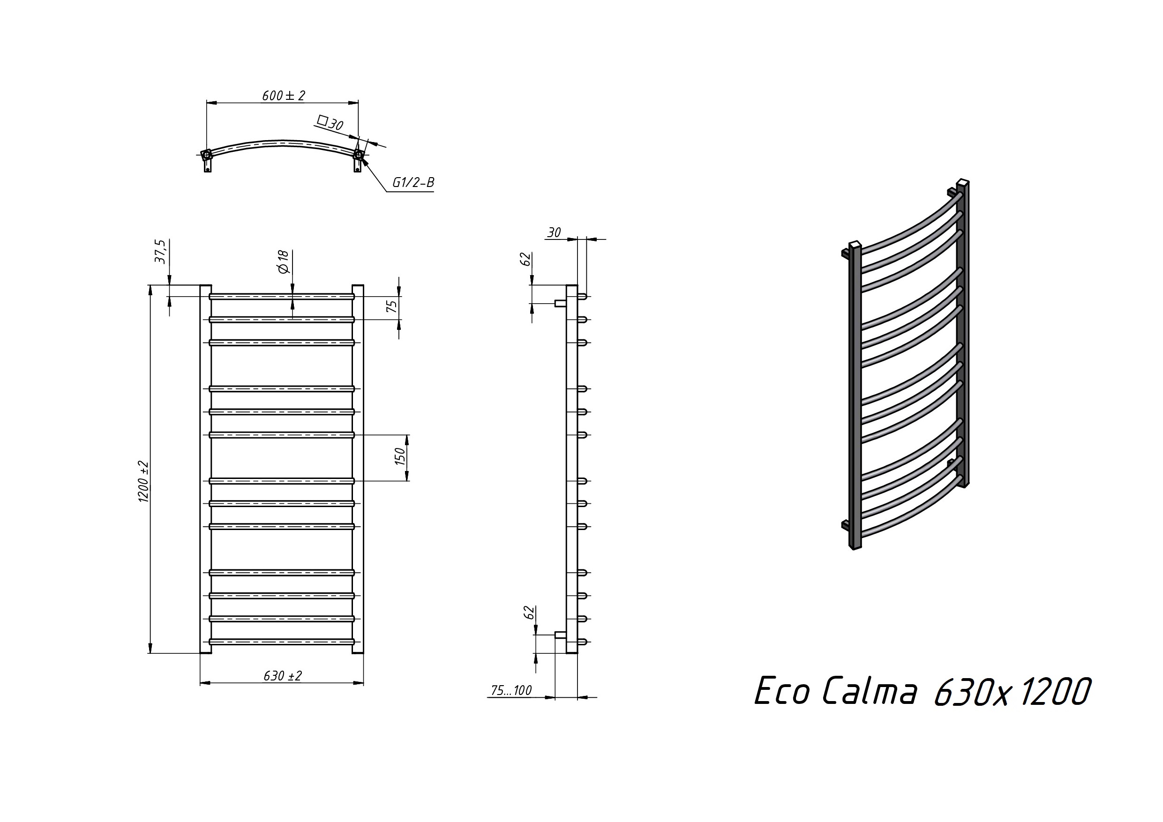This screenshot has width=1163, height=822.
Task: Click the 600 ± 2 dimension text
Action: click(284, 95)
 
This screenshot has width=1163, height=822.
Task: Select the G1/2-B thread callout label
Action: click(413, 182)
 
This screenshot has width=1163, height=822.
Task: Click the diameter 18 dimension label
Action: click(283, 262)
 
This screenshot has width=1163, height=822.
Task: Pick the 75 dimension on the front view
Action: click(392, 306)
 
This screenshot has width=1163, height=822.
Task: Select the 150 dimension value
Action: click(400, 457)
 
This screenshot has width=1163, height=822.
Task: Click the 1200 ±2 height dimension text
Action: click(143, 482)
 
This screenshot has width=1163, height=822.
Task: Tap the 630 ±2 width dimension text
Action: click(283, 676)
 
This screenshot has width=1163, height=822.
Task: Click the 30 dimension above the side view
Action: click(554, 232)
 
